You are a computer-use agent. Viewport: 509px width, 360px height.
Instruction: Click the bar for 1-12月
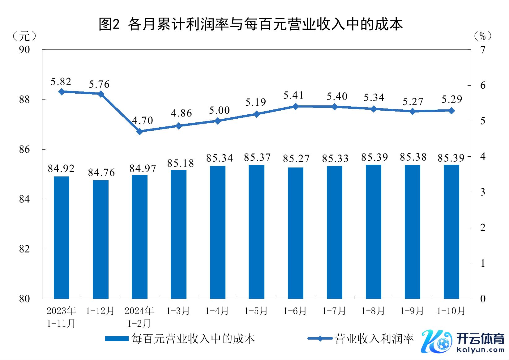tap(101, 239)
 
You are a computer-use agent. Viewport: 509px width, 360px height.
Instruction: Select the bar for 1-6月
tap(295, 233)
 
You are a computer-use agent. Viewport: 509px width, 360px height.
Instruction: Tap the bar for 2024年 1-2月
tap(139, 237)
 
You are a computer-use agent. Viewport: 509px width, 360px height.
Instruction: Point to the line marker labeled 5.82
tap(62, 92)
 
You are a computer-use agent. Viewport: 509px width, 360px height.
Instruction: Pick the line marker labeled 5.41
tap(295, 106)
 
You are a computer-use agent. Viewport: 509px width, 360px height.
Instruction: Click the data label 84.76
tap(101, 172)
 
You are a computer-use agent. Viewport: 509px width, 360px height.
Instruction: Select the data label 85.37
tap(257, 158)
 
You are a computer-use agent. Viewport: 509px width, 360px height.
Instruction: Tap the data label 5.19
tap(255, 102)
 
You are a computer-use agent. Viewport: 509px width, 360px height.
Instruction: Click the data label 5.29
tap(451, 99)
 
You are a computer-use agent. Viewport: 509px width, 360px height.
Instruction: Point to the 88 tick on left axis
tap(24, 100)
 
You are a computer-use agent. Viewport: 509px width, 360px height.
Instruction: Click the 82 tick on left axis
tap(24, 249)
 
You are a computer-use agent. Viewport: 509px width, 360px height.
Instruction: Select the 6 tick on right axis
tap(483, 85)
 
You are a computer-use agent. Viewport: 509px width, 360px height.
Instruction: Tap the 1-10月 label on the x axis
tap(451, 311)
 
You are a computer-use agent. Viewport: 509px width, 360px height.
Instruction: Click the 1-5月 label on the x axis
tap(256, 311)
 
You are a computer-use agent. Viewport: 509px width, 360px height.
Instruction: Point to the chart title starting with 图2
tap(250, 24)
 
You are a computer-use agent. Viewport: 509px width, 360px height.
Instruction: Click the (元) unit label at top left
tap(24, 36)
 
